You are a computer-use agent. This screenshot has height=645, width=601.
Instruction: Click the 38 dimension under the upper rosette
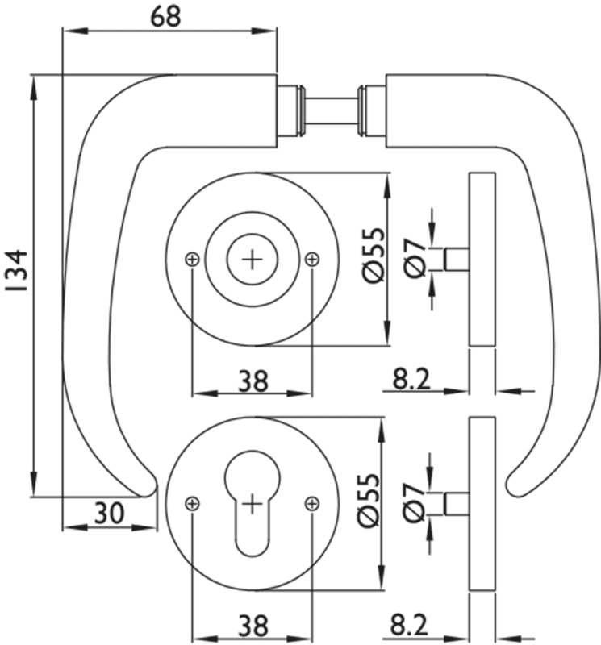[x=253, y=381]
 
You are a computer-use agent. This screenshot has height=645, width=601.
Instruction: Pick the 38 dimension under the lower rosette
[x=253, y=625]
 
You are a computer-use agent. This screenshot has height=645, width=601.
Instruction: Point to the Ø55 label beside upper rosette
[x=374, y=254]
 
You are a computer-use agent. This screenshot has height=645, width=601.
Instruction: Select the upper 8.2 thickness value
[x=411, y=380]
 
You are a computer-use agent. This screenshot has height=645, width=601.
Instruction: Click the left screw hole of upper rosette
[x=192, y=259]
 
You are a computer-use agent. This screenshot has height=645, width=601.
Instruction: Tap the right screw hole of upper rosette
[x=313, y=259]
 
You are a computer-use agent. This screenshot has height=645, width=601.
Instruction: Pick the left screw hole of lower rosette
[x=192, y=503]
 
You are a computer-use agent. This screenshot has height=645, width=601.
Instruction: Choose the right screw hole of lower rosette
[x=313, y=503]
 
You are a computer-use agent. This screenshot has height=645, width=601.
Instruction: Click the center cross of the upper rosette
[x=253, y=259]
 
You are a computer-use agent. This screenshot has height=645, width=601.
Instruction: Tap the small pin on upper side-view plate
[x=456, y=260]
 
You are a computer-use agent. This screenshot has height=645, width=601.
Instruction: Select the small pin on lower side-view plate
[x=456, y=502]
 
